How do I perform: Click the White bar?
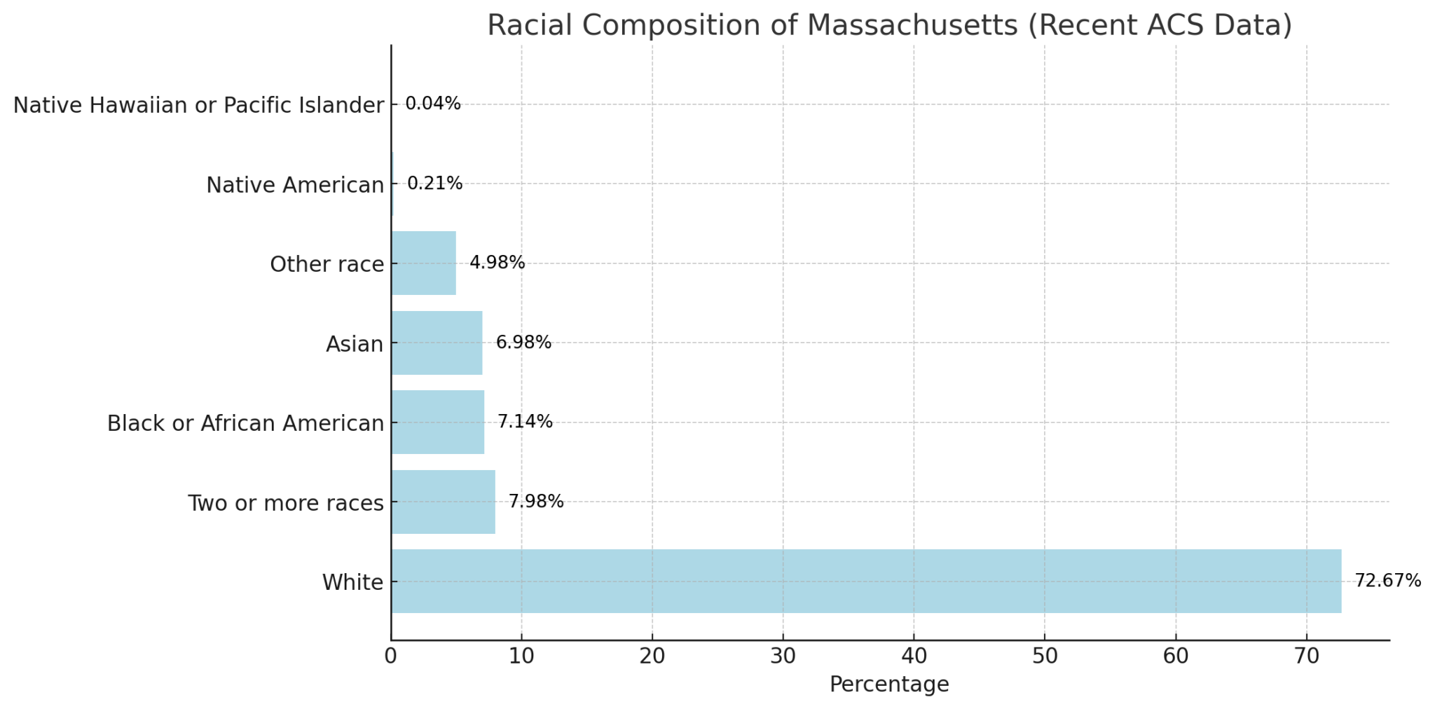point(866,581)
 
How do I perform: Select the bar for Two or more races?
point(443,502)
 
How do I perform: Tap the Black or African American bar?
point(437,422)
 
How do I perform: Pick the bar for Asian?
point(437,343)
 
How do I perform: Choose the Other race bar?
point(423,263)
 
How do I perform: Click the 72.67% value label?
point(1387,581)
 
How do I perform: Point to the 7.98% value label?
point(536,502)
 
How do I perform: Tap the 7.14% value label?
point(525,422)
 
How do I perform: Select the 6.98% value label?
point(523,343)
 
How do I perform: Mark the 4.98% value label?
point(497,263)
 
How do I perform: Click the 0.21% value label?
point(434,184)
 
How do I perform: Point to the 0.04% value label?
point(433,104)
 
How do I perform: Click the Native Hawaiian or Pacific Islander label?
point(198,105)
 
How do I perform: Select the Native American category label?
point(295,185)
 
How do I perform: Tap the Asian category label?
point(355,344)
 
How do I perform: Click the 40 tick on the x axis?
point(914,656)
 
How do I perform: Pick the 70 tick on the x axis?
point(1306,656)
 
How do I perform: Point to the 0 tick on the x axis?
point(391,656)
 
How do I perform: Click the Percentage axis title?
point(889,684)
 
